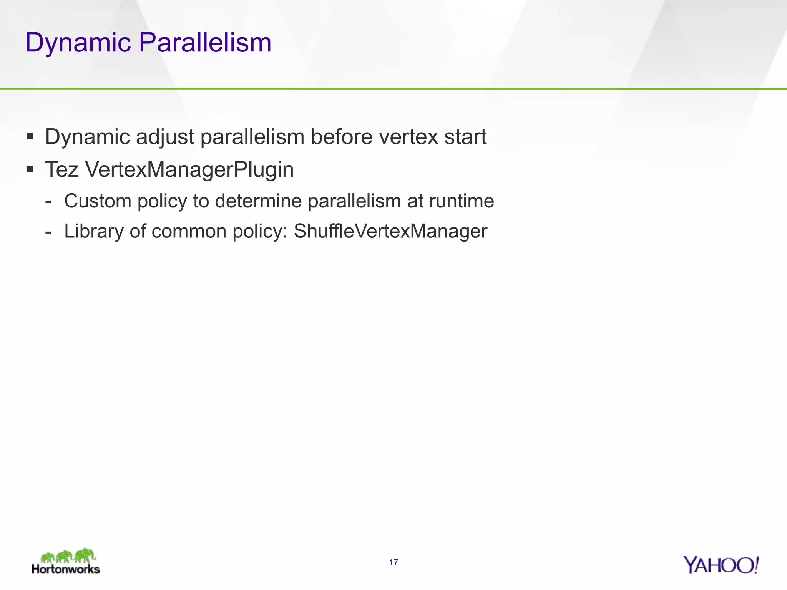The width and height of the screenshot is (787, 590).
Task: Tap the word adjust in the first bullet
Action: click(165, 137)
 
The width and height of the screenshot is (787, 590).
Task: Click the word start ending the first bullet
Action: click(465, 137)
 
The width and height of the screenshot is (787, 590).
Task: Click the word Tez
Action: click(62, 169)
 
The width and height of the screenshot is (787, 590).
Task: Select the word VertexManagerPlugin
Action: click(189, 169)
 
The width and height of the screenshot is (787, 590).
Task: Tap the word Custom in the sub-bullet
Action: click(98, 201)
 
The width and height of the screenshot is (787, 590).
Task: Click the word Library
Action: click(94, 231)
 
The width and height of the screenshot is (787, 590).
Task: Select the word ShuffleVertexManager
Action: click(390, 231)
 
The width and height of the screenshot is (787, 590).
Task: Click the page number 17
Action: click(393, 563)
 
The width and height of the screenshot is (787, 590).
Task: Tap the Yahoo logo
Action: click(721, 565)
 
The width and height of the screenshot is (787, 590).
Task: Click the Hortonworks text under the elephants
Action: click(66, 569)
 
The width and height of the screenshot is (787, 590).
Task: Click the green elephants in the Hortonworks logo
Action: click(68, 556)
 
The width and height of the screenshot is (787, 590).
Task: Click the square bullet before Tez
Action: click(30, 169)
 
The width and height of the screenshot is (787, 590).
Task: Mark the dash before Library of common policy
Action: click(48, 232)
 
